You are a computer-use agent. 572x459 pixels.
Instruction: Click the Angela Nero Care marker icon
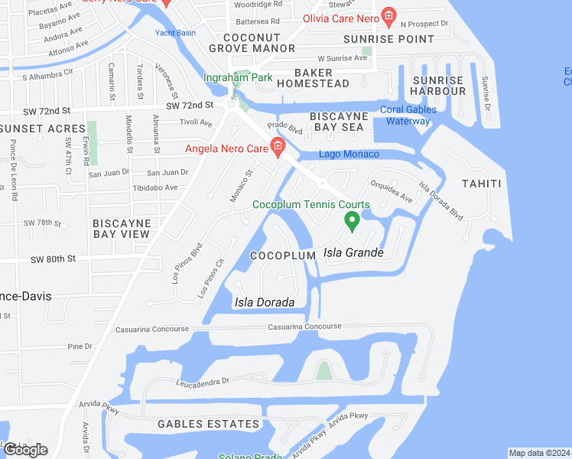coord(278,148)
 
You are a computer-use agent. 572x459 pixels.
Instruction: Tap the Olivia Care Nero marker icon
coord(389,15)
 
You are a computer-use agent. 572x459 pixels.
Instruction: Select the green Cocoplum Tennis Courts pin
coord(352,222)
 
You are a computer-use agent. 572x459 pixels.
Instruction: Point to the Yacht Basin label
coord(175,33)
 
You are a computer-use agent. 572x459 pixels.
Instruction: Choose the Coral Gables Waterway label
coord(408,115)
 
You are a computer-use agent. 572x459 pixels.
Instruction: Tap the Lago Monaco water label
coord(349,155)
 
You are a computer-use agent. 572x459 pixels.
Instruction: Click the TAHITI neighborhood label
coord(481,184)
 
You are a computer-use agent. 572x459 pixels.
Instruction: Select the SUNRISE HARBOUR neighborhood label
coord(438,86)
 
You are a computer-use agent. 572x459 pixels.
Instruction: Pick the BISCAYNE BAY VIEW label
coord(122,228)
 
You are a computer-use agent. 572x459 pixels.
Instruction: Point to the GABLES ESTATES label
coord(209,424)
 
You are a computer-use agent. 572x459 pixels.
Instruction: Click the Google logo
coord(25,450)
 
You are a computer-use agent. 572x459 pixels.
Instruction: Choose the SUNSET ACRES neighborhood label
coord(42,129)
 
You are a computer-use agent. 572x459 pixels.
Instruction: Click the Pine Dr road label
coord(80,347)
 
